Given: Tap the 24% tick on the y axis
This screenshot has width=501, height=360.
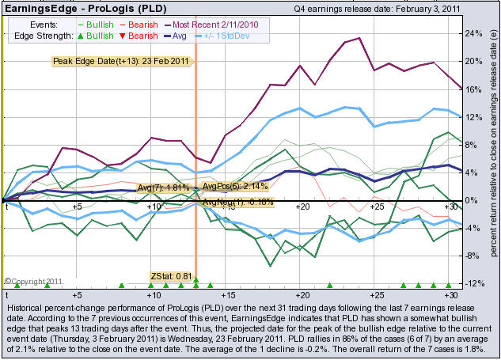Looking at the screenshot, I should point(472,34).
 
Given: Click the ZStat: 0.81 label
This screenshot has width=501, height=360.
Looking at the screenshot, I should point(172,276).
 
